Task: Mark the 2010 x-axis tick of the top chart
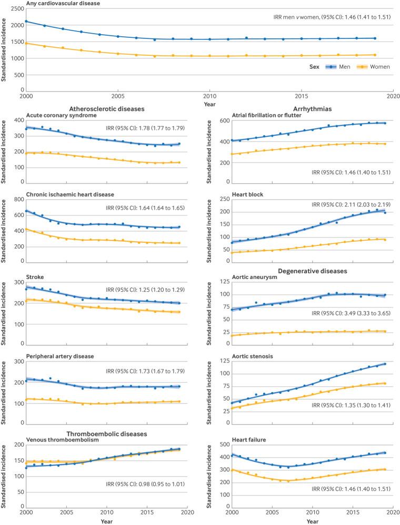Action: (209, 98)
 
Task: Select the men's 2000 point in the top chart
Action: (26, 22)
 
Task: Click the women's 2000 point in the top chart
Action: (26, 43)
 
